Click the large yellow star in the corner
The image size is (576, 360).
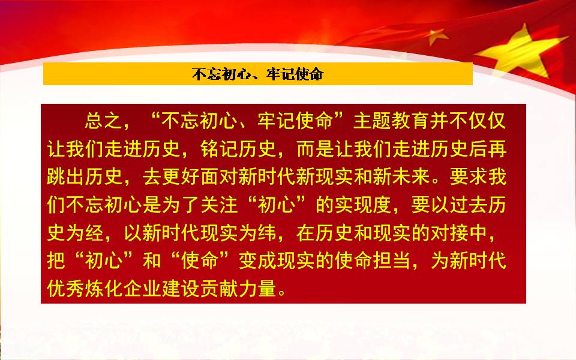(x=521, y=52)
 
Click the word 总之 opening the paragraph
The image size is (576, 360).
(x=104, y=121)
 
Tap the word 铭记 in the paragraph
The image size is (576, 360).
(x=220, y=149)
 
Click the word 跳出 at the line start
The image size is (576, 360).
(x=66, y=176)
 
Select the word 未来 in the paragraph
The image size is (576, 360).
(x=410, y=176)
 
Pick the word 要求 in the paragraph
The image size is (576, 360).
(x=468, y=176)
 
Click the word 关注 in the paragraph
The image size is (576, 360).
(x=220, y=205)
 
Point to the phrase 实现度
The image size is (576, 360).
(x=363, y=205)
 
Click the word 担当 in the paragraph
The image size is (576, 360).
(x=391, y=260)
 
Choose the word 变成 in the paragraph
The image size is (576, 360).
(x=257, y=260)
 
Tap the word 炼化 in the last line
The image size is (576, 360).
(x=104, y=289)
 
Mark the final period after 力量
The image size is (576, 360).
(x=282, y=293)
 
